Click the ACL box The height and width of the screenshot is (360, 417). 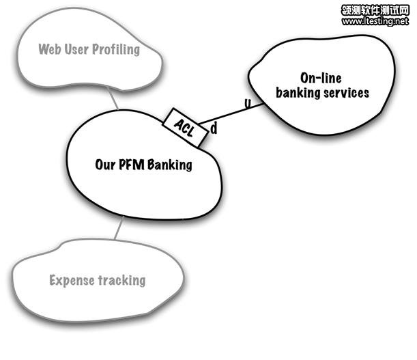pyautogui.click(x=186, y=128)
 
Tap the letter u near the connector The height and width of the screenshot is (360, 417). pyautogui.click(x=247, y=104)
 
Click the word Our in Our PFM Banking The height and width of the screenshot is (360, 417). pyautogui.click(x=105, y=165)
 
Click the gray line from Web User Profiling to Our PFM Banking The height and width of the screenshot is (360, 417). pyautogui.click(x=117, y=102)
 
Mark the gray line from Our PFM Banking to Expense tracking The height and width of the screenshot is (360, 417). pyautogui.click(x=118, y=229)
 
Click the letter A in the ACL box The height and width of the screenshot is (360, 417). pyautogui.click(x=179, y=124)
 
